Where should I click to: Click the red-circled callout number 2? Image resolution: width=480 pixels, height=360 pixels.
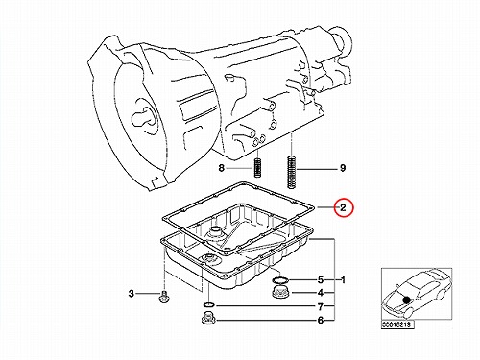coord(343,207)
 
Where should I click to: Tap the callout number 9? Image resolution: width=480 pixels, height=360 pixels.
coord(343,168)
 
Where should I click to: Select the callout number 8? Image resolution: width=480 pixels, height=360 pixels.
coord(222,168)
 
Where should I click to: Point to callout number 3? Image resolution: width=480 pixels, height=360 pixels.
coord(132,293)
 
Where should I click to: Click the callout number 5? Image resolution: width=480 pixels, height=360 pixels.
coord(321,280)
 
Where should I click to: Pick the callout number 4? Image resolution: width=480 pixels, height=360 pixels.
coord(321,293)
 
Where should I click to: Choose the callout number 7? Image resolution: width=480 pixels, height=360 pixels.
coord(321,307)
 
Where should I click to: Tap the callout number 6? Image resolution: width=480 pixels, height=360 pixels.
coord(321,320)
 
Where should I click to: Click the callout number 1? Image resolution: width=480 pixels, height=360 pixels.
coord(343,280)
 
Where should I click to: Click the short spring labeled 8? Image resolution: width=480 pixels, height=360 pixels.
coord(258,168)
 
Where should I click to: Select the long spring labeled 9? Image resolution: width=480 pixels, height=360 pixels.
coord(291,172)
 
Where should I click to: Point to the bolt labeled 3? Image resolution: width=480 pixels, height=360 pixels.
coord(164,297)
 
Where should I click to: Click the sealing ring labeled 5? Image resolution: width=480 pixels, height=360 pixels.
coord(280,280)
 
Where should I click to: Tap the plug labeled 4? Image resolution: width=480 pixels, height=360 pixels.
coord(279,292)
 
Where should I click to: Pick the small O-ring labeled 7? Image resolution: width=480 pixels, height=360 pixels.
coord(208,304)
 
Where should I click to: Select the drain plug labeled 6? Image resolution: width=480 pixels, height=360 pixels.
coord(208,317)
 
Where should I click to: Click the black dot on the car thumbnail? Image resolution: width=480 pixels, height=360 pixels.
coord(406,300)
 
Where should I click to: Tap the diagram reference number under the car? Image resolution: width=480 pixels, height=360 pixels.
coord(397,324)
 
